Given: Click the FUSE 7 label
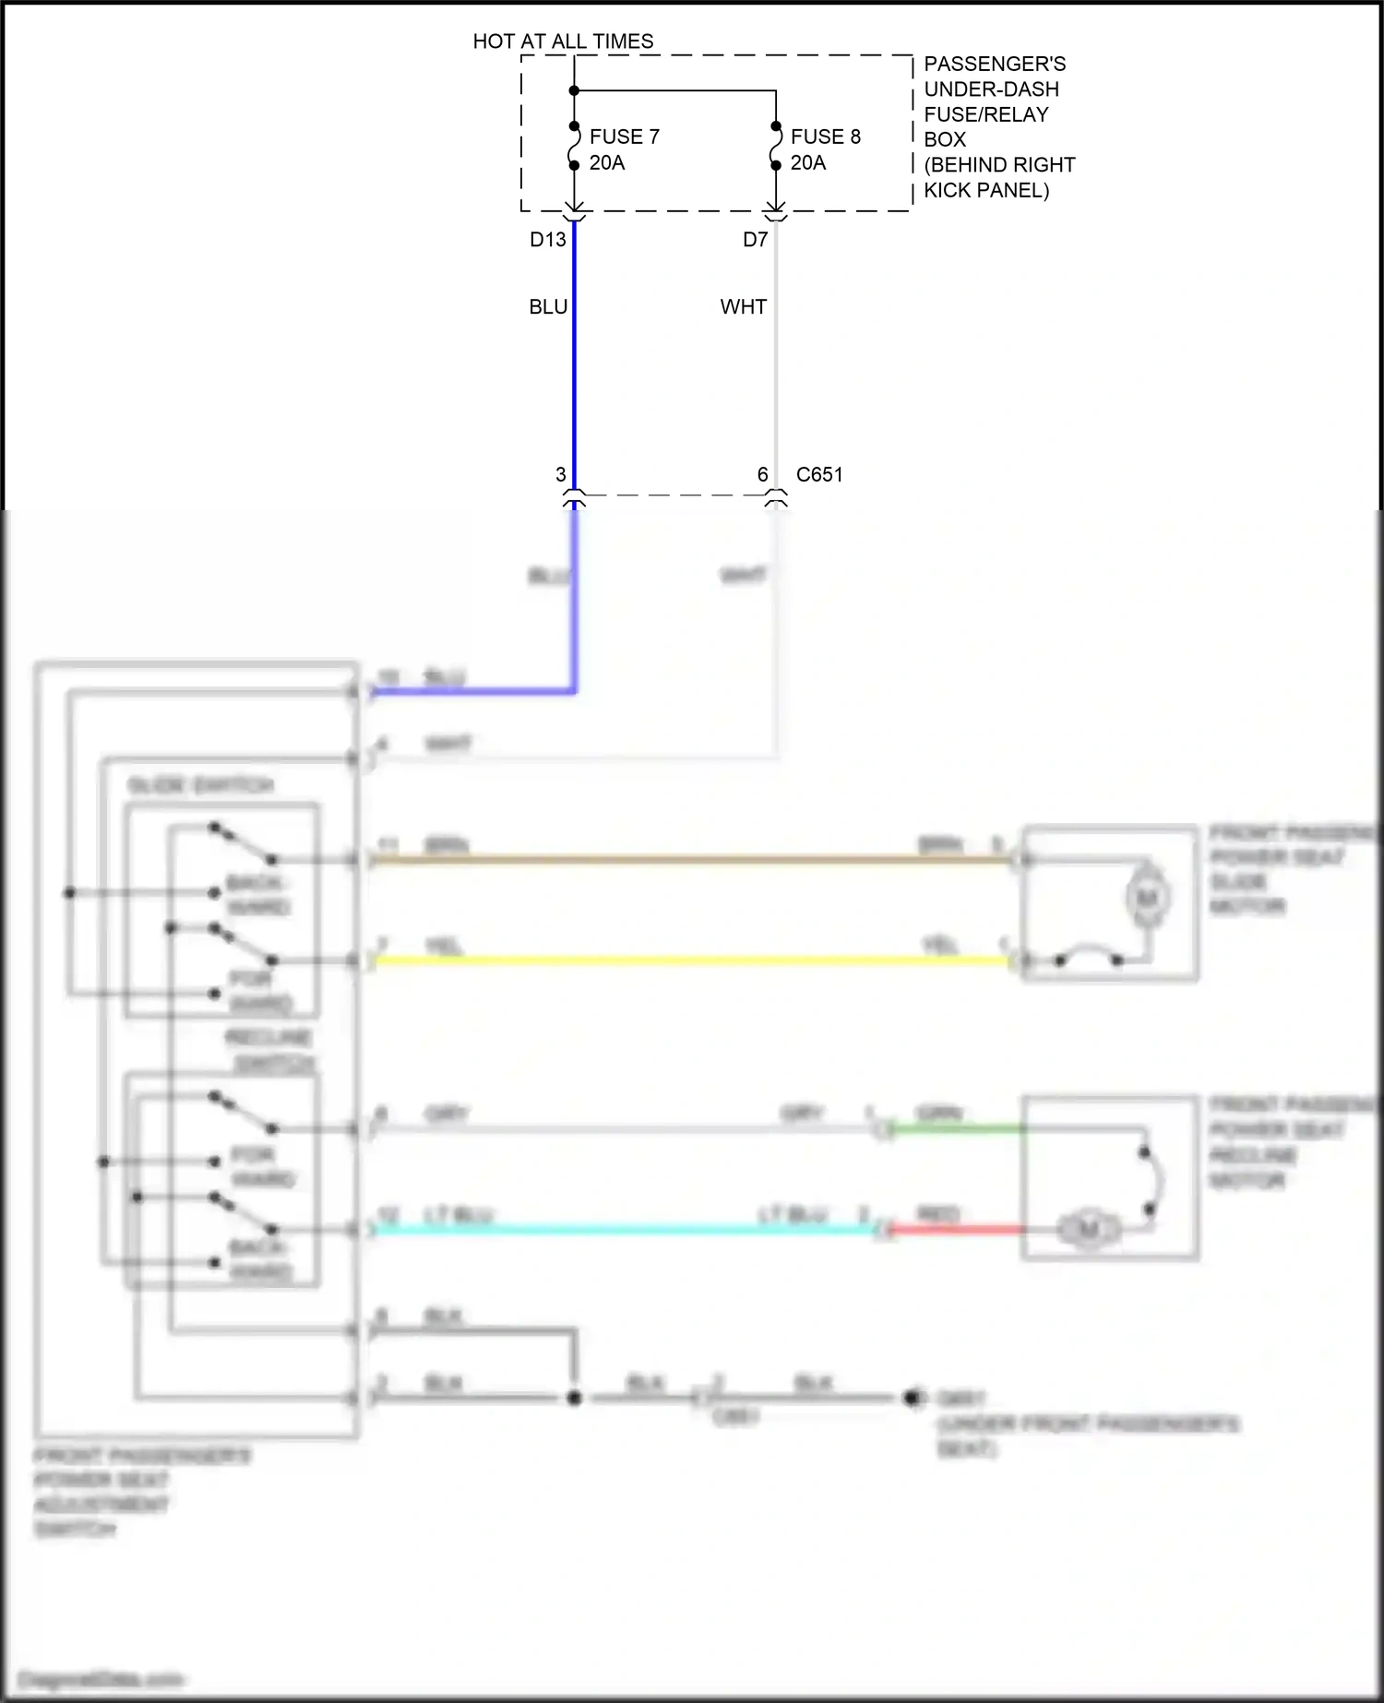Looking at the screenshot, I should pos(624,137).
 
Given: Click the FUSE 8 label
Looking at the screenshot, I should pos(825,137).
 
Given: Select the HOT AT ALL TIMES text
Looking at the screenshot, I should pos(563,42).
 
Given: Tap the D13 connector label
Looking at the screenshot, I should pos(547,240).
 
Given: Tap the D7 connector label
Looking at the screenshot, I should pos(755,240).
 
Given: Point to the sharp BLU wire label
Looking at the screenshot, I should pos(548,307).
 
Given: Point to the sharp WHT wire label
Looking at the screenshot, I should pos(743,307).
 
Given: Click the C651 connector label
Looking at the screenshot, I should pos(819,475).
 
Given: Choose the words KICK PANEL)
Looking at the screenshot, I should pos(986,191).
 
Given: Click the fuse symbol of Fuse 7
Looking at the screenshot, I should pos(574,147).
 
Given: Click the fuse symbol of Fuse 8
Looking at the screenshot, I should pos(776,147).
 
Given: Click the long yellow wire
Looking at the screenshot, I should pos(692,960).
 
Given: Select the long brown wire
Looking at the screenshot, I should pos(692,860).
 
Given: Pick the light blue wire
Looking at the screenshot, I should pos(627,1230).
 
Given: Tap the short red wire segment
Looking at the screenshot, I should pos(955,1230).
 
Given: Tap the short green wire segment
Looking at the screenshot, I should pos(955,1128).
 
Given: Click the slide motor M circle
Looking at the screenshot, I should pos(1147,898).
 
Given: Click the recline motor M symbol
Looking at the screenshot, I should pos(1089,1230).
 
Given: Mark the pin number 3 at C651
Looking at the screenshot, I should pos(560,475).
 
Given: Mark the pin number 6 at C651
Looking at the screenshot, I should pos(762,475).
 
